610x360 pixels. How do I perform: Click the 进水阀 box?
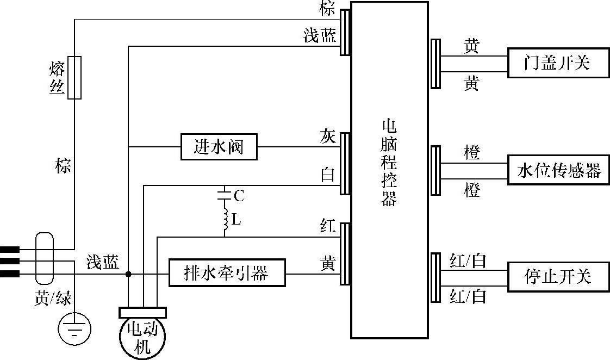(x=219, y=147)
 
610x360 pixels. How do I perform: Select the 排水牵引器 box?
(x=227, y=273)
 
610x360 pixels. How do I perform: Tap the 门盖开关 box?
(x=559, y=63)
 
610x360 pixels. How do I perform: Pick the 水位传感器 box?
(x=559, y=170)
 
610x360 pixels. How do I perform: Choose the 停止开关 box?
(x=559, y=277)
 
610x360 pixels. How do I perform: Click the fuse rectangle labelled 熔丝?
(x=74, y=77)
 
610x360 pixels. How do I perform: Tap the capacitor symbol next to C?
(x=225, y=195)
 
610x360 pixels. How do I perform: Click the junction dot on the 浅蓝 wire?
(x=128, y=274)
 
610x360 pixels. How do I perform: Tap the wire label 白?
(x=328, y=175)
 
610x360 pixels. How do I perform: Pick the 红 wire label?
(x=328, y=226)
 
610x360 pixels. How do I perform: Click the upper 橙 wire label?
(x=472, y=152)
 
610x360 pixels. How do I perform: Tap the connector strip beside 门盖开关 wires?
(x=435, y=64)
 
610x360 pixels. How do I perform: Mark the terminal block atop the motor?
(x=143, y=313)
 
